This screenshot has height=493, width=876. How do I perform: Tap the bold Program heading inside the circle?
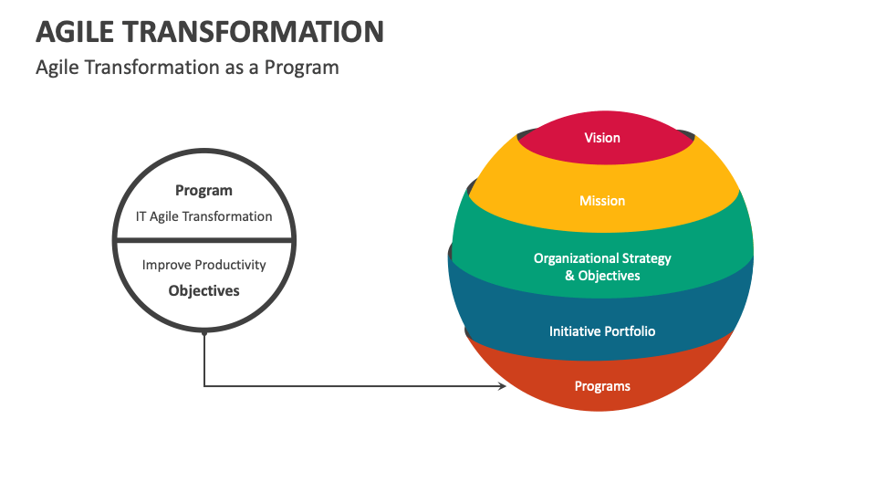tap(203, 191)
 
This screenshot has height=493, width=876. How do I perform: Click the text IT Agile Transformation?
tap(203, 216)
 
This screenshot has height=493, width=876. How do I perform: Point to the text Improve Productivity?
tap(203, 265)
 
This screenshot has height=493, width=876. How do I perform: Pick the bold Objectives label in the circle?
tap(203, 290)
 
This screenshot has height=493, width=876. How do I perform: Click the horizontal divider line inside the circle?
tap(203, 240)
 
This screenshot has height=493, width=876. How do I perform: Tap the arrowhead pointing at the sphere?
tap(501, 386)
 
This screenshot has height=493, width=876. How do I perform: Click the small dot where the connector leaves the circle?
tap(204, 333)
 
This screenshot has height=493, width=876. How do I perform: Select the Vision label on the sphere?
tap(602, 138)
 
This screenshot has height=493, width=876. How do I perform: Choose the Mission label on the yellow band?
tap(602, 201)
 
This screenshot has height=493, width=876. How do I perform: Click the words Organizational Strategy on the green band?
tap(602, 258)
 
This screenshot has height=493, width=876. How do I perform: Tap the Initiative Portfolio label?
tap(602, 331)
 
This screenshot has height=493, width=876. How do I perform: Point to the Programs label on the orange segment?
tap(602, 386)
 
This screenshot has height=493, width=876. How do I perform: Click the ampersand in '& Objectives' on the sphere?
tap(569, 276)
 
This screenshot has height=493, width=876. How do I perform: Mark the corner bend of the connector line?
tap(204, 386)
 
